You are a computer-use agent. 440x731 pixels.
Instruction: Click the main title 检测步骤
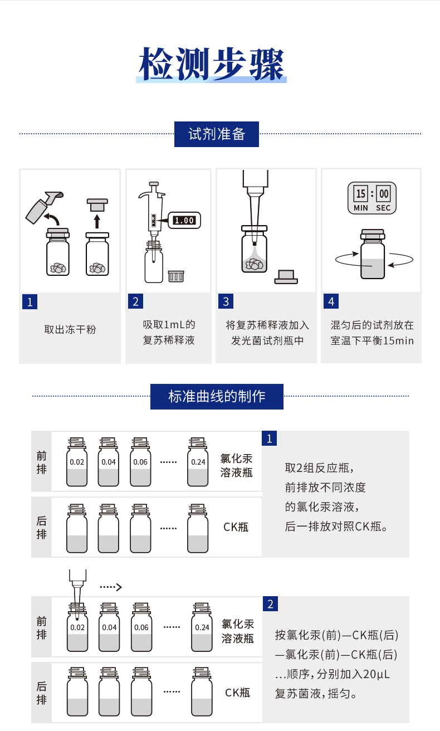click(x=212, y=64)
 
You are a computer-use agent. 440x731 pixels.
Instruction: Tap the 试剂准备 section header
click(x=217, y=134)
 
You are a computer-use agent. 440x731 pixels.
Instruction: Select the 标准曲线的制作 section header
click(x=217, y=396)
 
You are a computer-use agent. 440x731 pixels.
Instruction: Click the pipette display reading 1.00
click(x=184, y=220)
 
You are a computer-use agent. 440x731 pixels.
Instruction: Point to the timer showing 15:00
click(x=372, y=198)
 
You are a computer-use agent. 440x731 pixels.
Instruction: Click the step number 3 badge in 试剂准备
click(x=226, y=301)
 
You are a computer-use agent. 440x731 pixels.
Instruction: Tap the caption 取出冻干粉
click(x=70, y=329)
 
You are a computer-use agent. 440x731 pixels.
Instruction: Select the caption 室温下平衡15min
click(x=372, y=340)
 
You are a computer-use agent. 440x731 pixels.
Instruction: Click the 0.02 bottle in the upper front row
click(x=77, y=462)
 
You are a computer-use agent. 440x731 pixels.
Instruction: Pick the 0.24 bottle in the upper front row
click(x=198, y=462)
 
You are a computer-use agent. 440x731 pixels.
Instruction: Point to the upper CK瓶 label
click(x=236, y=527)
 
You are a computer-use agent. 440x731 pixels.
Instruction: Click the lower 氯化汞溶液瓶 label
click(x=238, y=631)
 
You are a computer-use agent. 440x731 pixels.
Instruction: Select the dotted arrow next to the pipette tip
click(x=110, y=587)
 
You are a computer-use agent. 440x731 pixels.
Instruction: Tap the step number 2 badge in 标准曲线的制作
click(x=270, y=604)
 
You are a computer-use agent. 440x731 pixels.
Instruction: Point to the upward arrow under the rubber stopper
click(x=97, y=221)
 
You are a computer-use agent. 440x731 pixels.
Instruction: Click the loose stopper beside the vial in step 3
click(x=286, y=276)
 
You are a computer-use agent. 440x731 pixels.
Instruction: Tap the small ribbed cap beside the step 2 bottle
click(x=176, y=275)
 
